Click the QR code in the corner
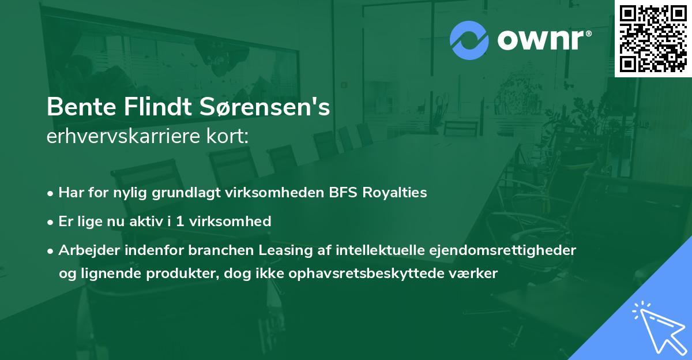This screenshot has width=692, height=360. pos(653,39)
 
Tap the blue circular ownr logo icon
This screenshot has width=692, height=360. pos(469,40)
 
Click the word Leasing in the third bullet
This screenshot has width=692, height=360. pos(283,249)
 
